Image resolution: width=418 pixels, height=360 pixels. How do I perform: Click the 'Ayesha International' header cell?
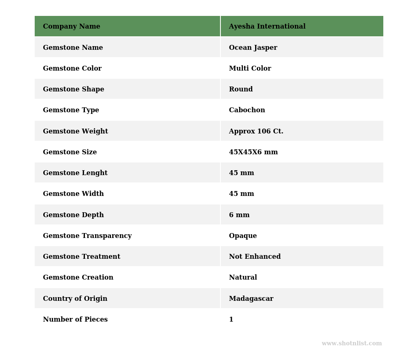(267, 27)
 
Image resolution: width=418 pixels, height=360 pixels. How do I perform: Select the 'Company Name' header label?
(71, 27)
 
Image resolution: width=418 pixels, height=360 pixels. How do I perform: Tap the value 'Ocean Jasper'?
(253, 48)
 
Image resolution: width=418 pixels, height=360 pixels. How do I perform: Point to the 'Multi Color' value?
(250, 69)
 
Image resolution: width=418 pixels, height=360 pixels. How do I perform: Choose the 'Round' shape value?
(240, 89)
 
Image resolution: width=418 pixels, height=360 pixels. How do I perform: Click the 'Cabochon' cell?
(247, 110)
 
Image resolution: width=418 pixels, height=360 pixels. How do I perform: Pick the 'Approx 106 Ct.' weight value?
(256, 131)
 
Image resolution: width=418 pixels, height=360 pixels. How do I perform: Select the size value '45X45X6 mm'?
(253, 152)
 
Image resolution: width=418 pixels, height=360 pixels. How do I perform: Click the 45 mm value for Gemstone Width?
(241, 194)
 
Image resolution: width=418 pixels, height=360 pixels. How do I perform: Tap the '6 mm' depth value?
(239, 215)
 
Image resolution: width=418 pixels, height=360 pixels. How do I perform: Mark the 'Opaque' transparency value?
(242, 236)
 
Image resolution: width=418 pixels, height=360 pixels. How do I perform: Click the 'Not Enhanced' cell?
(255, 257)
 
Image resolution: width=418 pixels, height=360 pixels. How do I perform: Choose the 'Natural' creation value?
(243, 278)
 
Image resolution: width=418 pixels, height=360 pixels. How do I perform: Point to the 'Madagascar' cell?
(251, 299)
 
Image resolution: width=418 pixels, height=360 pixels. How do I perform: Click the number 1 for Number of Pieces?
(231, 320)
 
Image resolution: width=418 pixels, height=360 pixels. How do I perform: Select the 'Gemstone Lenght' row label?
(75, 173)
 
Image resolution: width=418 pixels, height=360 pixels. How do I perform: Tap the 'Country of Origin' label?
(75, 299)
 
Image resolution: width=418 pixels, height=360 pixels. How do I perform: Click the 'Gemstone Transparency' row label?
(87, 236)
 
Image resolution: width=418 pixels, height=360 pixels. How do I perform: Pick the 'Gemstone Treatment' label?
(81, 257)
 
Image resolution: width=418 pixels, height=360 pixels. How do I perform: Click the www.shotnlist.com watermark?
(351, 344)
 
